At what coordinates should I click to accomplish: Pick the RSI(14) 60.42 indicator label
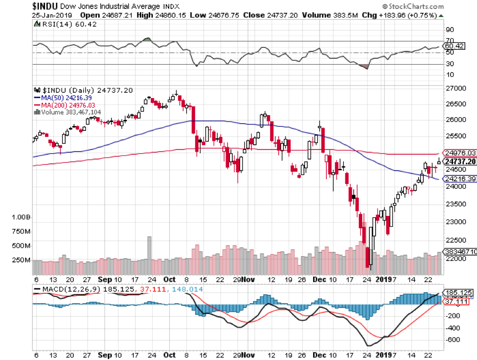[59, 24]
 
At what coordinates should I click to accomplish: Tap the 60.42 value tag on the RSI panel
[455, 46]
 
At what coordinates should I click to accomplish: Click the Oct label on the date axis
[170, 279]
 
